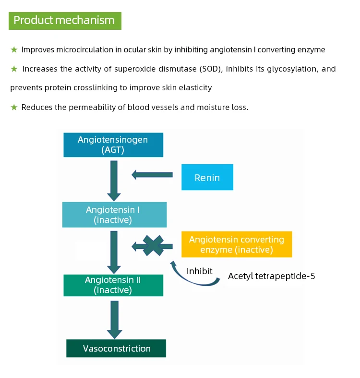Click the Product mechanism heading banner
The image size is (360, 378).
click(64, 20)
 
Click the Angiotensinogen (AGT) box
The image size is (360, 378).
click(113, 145)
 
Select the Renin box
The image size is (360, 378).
click(207, 177)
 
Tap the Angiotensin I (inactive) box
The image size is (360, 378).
click(114, 215)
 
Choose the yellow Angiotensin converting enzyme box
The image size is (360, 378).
click(236, 244)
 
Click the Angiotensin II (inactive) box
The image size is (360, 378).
click(113, 285)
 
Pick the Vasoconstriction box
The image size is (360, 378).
click(116, 349)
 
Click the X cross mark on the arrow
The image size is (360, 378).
click(153, 246)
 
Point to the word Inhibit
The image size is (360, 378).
click(199, 271)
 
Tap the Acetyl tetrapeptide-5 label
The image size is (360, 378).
click(271, 276)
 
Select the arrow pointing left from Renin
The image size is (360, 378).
click(152, 175)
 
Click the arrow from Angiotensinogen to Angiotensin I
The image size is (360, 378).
click(114, 180)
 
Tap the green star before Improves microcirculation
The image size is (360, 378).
click(14, 49)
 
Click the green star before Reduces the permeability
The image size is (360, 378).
click(14, 107)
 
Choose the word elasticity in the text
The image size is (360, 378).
click(194, 88)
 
